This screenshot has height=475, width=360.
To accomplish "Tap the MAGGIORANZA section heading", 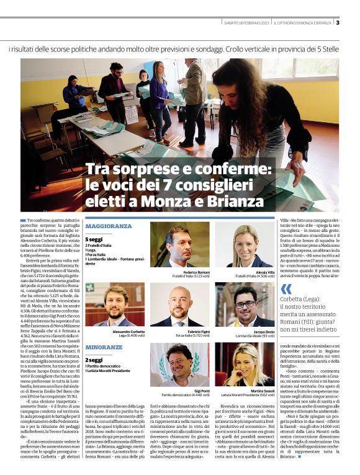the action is [109, 226].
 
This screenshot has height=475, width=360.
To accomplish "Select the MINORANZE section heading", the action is [104, 347].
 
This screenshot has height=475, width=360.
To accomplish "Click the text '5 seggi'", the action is [94, 239].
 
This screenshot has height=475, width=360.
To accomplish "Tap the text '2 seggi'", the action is [94, 360].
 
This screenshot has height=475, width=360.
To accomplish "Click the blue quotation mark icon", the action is [286, 288].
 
